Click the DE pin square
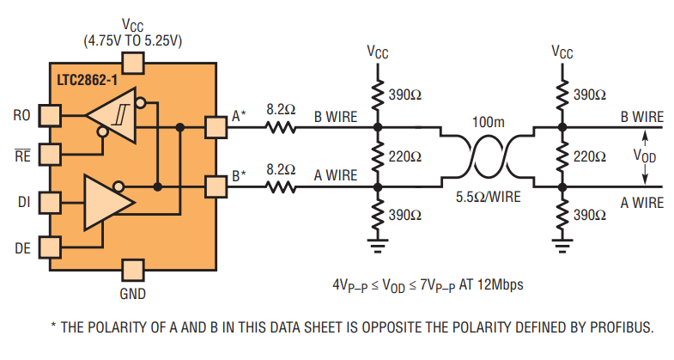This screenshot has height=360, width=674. [x=51, y=248]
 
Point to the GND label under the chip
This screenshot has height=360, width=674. [x=132, y=294]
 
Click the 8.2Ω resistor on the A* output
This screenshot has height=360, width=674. [x=279, y=128]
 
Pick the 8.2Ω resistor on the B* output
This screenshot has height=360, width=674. [x=279, y=186]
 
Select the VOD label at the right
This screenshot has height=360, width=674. [x=646, y=156]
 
